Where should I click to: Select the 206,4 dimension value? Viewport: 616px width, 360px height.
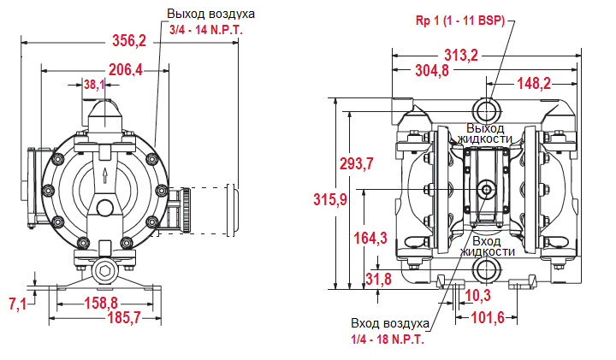coord(125,69)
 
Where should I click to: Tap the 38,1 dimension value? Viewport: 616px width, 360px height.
coord(95,85)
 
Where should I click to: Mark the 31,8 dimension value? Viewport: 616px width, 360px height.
coord(377,278)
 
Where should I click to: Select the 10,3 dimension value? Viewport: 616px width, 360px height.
coord(476,296)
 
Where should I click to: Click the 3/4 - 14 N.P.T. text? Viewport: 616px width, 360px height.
coord(205,30)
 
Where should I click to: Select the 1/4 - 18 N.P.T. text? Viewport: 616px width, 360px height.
coord(388,339)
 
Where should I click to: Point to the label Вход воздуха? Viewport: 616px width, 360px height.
coord(388,324)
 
